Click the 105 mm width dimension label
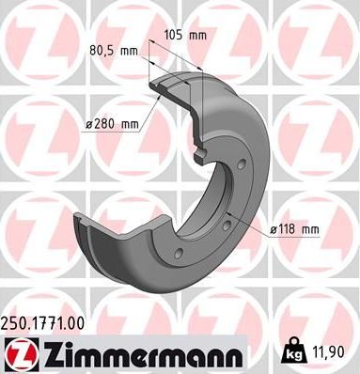click(183, 35)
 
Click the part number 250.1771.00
click(49, 323)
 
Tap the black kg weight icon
click(292, 352)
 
